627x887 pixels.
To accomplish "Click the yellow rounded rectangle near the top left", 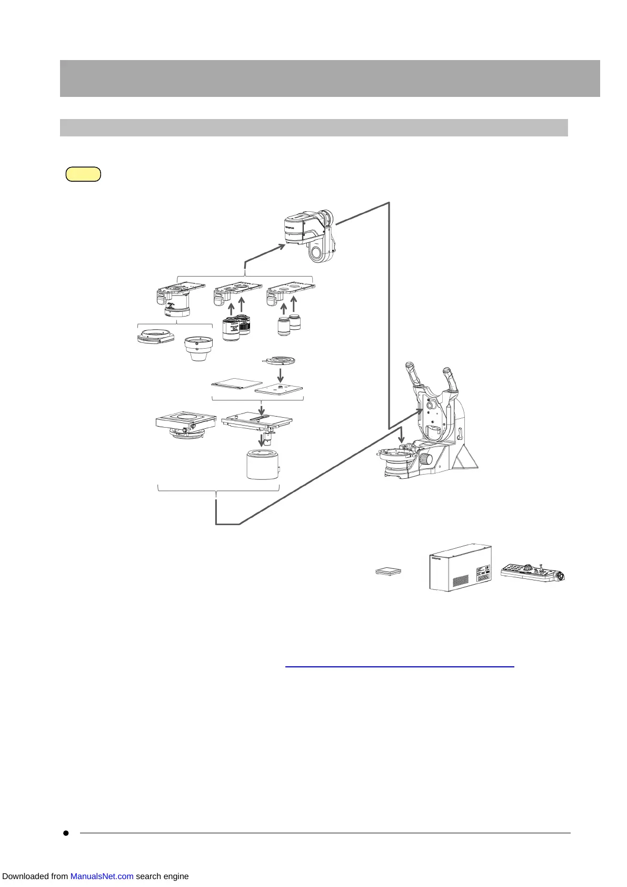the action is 83,174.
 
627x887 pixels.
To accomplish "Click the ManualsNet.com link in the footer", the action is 102,876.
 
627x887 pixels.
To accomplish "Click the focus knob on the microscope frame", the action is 429,459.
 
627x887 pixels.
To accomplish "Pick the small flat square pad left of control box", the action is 389,571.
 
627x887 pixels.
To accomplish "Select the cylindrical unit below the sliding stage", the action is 263,464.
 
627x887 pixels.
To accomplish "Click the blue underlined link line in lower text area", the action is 399,667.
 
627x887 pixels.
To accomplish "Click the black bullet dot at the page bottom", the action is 66,833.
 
